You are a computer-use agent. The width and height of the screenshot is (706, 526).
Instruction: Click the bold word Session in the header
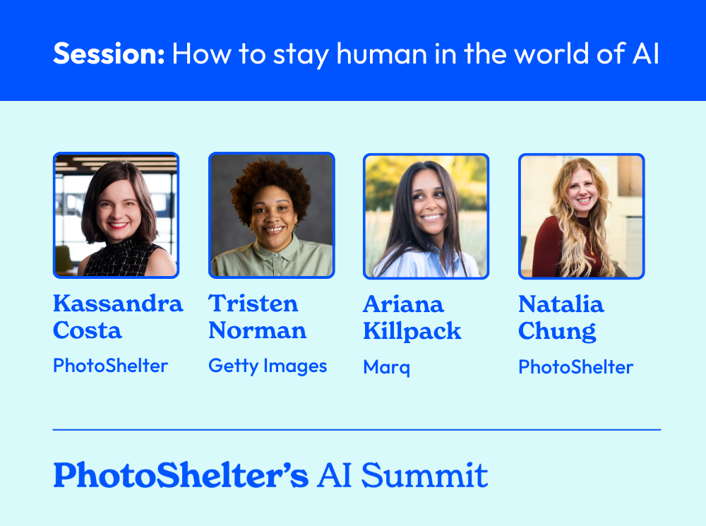pos(108,54)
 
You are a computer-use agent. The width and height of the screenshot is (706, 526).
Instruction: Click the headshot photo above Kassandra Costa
pos(116,215)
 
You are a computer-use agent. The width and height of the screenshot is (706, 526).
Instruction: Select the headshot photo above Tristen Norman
pos(271,215)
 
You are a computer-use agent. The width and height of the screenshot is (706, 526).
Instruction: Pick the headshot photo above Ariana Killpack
pos(426,215)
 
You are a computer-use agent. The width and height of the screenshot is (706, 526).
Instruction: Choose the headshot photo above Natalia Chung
pos(581,215)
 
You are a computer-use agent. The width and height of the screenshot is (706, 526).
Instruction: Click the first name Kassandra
pos(118,304)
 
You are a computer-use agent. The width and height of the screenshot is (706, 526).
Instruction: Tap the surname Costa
pos(87,330)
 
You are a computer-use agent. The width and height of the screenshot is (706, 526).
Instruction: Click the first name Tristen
pos(253,304)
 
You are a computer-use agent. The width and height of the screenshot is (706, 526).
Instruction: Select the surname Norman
pos(257,330)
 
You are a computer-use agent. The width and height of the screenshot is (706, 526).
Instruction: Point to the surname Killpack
pos(412,331)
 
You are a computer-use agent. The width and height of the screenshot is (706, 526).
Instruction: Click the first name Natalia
pos(561,304)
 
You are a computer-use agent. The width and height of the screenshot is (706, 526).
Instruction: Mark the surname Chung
pos(556,331)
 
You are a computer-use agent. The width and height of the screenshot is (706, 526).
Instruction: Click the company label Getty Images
pos(268,366)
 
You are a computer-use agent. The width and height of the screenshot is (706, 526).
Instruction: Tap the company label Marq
pos(386,367)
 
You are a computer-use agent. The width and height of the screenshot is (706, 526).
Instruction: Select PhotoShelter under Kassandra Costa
pos(110,366)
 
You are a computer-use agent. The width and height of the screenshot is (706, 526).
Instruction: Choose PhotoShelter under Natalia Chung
pos(575,367)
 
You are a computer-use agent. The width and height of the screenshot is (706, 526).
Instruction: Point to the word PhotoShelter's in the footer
pos(181,475)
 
